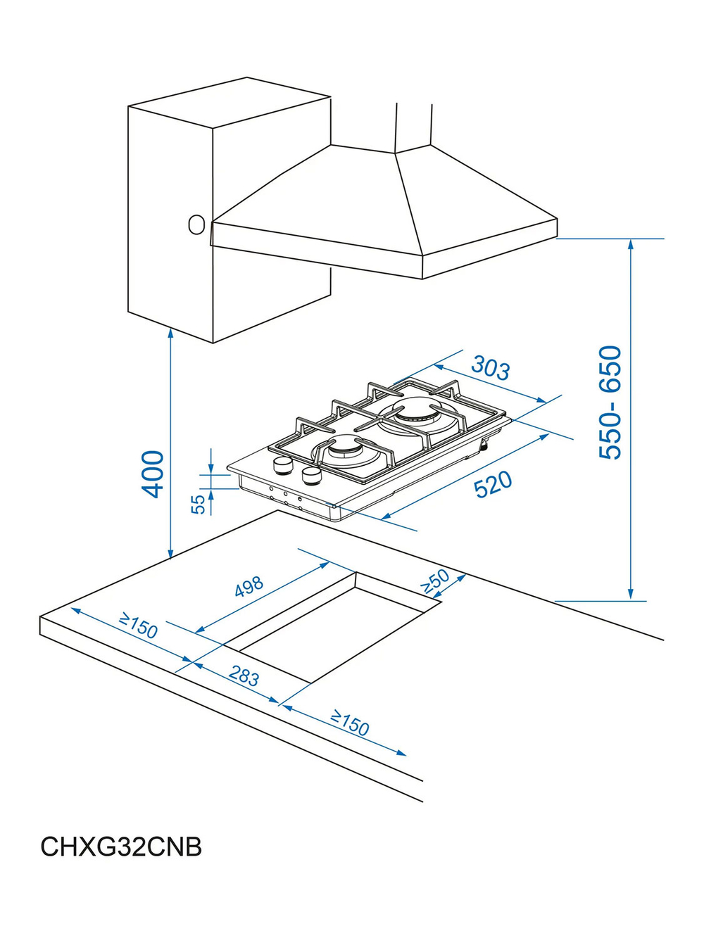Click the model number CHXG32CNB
tap(121, 847)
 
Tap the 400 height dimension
tap(152, 474)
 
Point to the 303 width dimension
tap(491, 367)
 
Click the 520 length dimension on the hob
tap(493, 483)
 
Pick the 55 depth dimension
tap(199, 505)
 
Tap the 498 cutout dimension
tap(249, 586)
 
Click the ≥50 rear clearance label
tap(435, 581)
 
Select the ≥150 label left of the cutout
tap(138, 625)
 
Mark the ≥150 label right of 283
tap(349, 723)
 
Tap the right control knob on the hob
tap(312, 476)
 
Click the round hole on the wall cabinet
tap(196, 224)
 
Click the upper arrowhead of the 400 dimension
tap(170, 334)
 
